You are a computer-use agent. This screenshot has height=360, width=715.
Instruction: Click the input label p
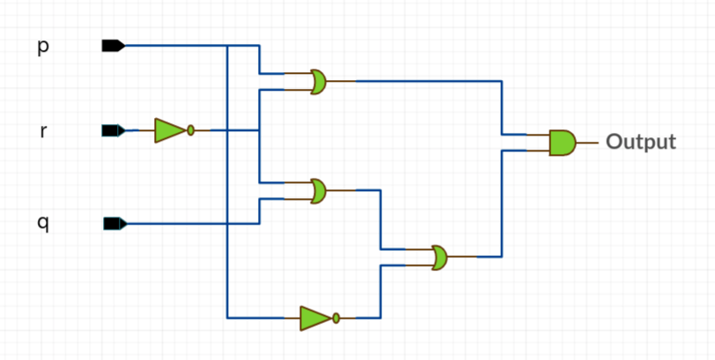click(x=43, y=47)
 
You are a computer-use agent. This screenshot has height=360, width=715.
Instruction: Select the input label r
click(x=43, y=132)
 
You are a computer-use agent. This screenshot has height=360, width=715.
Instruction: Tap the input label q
click(x=43, y=224)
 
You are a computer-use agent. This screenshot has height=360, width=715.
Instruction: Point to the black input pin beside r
click(x=113, y=130)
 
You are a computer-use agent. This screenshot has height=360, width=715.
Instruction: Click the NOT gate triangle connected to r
click(x=168, y=130)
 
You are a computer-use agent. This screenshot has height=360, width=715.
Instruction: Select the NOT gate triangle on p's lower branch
click(x=314, y=318)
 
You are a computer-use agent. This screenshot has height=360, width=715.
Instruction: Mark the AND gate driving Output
click(x=562, y=142)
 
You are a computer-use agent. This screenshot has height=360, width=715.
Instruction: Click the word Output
click(x=641, y=142)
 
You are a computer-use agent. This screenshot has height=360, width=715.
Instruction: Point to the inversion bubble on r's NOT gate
click(x=190, y=130)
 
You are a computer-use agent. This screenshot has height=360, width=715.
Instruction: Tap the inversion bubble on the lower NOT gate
click(x=335, y=318)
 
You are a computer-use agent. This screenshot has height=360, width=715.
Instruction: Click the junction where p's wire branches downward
click(x=227, y=46)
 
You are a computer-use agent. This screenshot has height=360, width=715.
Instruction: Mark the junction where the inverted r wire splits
click(x=259, y=130)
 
